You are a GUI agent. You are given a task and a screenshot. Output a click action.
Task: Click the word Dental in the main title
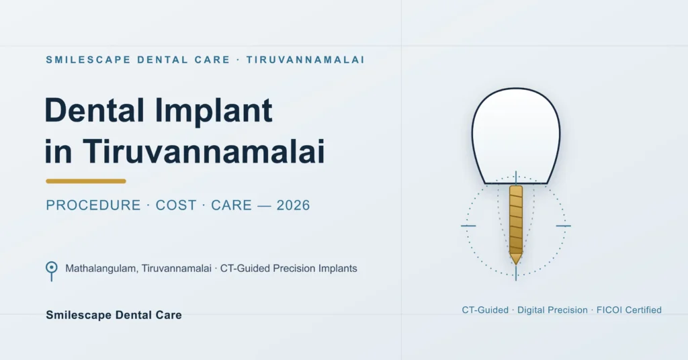95,110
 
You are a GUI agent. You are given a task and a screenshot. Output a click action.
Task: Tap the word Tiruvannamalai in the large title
204,151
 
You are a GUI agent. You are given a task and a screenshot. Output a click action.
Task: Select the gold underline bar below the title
86,181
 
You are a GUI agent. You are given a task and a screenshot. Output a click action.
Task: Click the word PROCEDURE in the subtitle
93,206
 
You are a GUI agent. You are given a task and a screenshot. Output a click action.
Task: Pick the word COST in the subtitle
176,206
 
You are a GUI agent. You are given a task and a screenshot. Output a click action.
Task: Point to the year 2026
293,206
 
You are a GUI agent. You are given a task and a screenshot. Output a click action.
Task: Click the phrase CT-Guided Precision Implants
289,269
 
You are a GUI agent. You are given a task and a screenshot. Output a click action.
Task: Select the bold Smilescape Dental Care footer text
114,315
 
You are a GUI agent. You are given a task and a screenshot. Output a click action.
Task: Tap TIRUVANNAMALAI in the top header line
306,60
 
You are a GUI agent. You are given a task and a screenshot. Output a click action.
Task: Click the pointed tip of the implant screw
516,264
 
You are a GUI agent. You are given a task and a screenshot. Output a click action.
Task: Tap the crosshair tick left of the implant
468,226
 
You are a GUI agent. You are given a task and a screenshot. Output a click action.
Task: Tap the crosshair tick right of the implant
564,226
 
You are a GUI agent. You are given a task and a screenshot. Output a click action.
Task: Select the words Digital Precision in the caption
552,310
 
